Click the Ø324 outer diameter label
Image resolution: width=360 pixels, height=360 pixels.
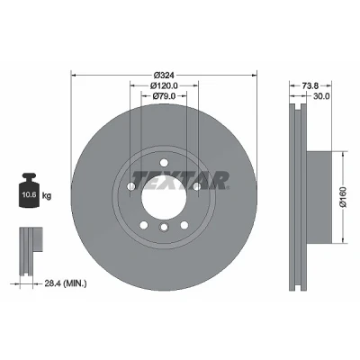point(164,75)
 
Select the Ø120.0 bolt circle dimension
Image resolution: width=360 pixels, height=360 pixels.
point(164,85)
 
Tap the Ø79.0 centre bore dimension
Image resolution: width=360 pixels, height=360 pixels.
point(164,96)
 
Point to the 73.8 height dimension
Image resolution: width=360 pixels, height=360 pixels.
point(310,85)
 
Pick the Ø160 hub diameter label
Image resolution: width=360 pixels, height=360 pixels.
point(343,197)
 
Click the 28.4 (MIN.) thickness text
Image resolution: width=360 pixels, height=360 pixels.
point(66,283)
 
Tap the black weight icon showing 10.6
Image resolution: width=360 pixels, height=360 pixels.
point(30,190)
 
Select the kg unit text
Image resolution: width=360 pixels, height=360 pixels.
point(47,196)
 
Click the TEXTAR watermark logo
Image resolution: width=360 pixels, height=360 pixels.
point(180,180)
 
